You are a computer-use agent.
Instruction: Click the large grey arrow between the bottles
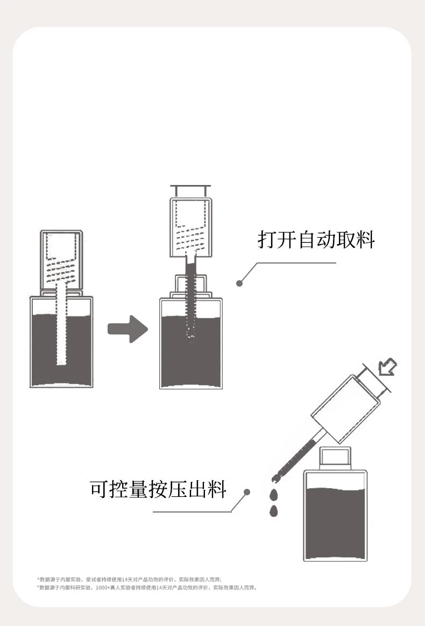click(127, 329)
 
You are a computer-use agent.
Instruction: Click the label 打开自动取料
click(316, 239)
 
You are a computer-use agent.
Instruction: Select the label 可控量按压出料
click(158, 489)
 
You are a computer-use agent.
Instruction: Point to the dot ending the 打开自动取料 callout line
click(239, 283)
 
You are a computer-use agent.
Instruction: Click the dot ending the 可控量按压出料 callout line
click(247, 492)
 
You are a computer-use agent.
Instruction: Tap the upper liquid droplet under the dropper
click(274, 494)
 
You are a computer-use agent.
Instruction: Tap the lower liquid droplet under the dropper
click(274, 510)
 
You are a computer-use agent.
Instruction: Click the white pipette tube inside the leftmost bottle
click(62, 333)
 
